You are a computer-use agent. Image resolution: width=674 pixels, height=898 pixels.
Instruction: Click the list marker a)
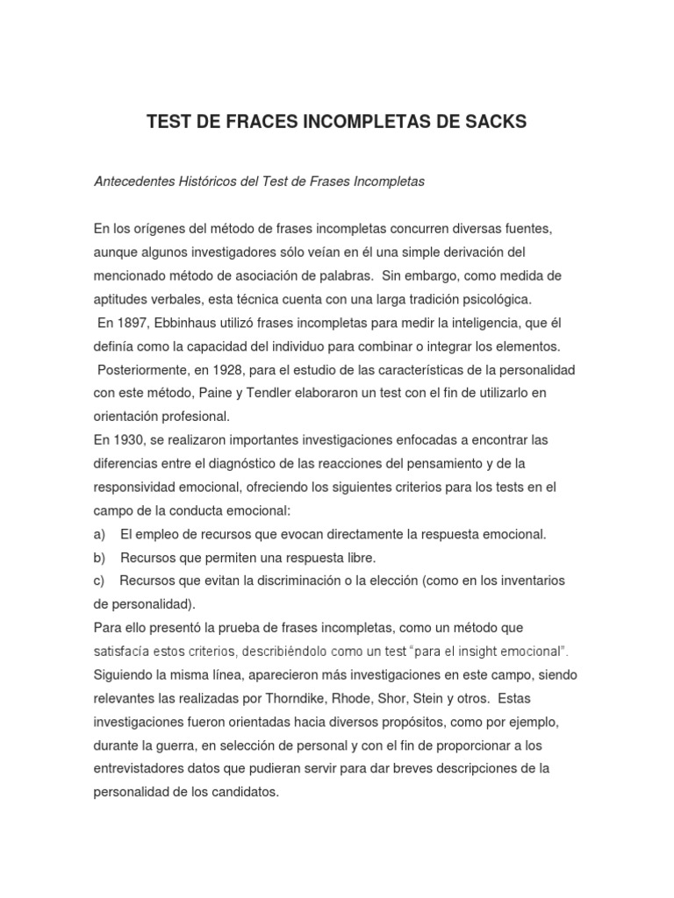100,533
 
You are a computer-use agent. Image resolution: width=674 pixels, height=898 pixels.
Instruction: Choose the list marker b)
100,557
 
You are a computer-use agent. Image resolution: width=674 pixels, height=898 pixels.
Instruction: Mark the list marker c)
100,581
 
